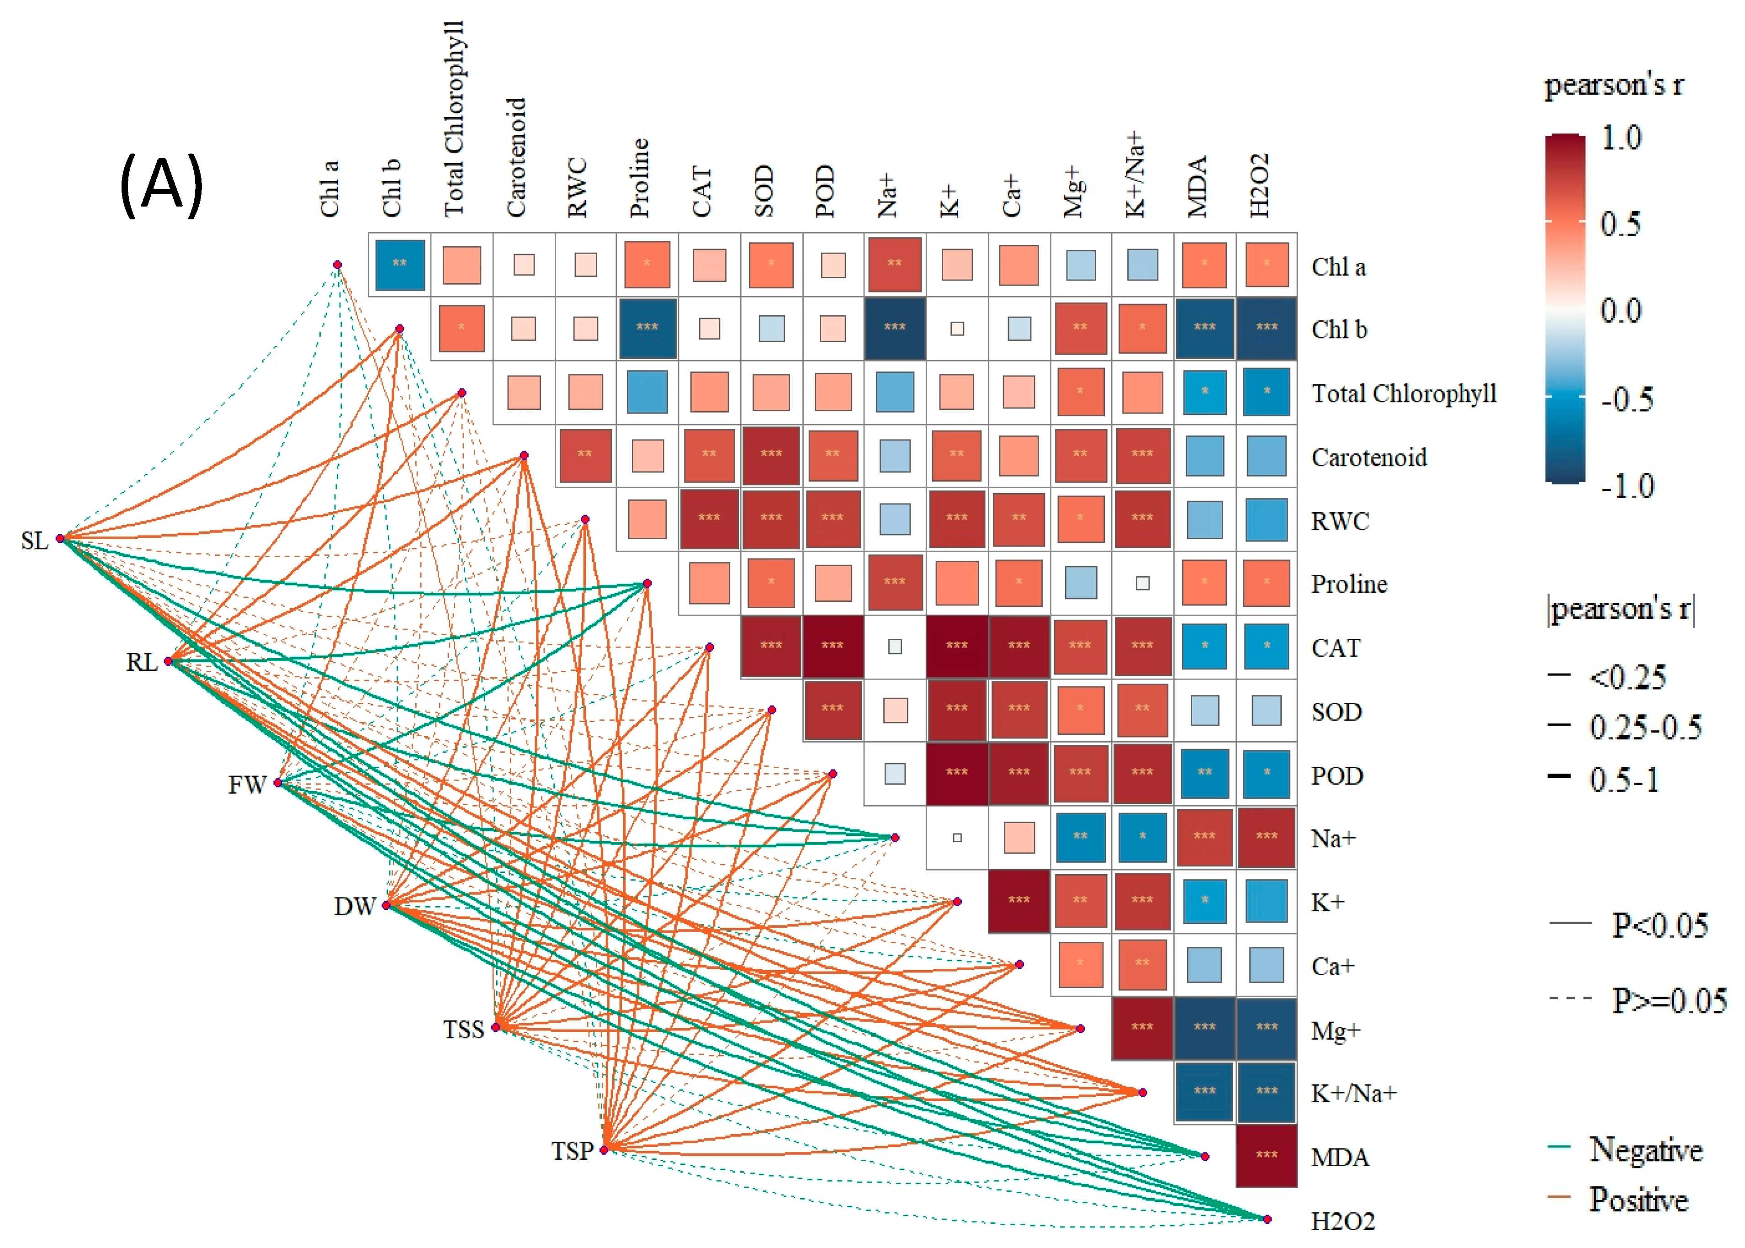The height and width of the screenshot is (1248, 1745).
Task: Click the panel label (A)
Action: [161, 185]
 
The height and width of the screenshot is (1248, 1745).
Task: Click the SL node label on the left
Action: [35, 541]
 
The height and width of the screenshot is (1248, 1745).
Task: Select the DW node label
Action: [354, 907]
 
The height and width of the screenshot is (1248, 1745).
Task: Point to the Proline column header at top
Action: [639, 178]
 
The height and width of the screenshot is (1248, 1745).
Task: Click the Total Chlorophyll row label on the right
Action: [1403, 393]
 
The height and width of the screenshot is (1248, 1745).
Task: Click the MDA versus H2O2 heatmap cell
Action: [1266, 1156]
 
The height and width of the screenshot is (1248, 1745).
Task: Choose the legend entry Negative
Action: [1645, 1150]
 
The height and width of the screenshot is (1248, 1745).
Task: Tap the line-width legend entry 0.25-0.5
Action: [1645, 726]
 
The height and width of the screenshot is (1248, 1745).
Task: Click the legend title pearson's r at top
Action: [1613, 85]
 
